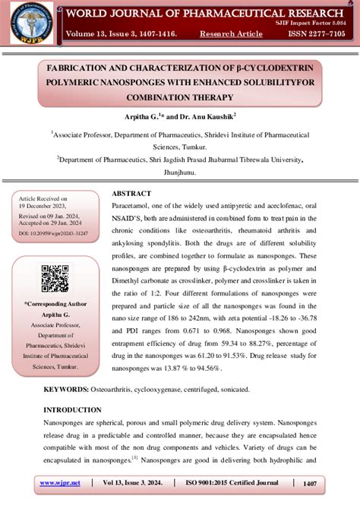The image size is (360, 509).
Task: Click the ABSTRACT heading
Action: coord(131,194)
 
